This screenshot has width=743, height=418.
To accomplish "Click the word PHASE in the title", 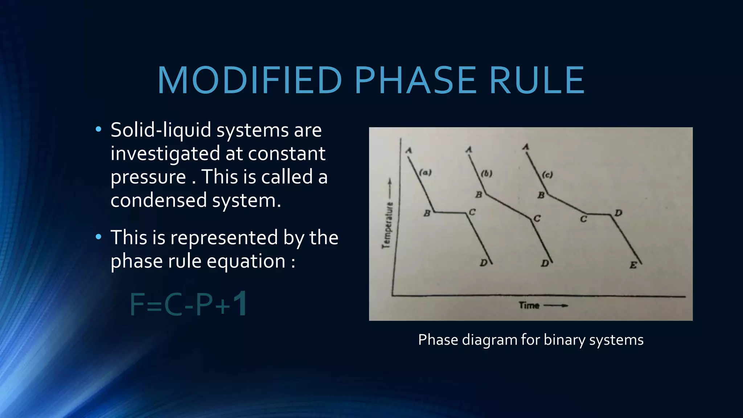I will (x=415, y=80).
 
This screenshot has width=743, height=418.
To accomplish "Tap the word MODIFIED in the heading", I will (x=250, y=80).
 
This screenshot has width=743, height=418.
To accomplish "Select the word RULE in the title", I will (x=537, y=80).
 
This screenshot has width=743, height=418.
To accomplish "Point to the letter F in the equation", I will (x=138, y=305).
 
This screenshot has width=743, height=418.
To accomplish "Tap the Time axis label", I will (x=529, y=305).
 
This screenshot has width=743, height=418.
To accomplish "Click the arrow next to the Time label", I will (x=556, y=306).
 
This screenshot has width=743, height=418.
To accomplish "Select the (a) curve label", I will (x=426, y=172).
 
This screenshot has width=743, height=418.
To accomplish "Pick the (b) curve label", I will (x=487, y=173).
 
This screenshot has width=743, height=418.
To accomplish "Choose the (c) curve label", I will (x=547, y=175).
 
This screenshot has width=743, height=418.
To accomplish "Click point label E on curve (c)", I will (x=633, y=265).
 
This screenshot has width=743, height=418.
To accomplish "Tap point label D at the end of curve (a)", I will (x=483, y=262).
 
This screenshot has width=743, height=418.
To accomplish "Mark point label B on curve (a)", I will (x=427, y=213).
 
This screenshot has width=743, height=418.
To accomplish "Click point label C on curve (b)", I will (x=537, y=219).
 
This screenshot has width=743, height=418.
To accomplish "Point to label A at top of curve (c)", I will (x=526, y=147).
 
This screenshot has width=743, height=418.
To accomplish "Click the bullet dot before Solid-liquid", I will (x=98, y=129).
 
